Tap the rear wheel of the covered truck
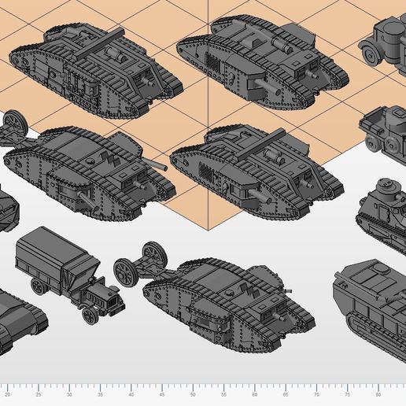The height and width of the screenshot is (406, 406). click(x=38, y=284)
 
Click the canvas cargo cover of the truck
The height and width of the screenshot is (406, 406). click(x=55, y=257)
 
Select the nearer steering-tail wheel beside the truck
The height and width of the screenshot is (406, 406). click(x=126, y=271)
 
